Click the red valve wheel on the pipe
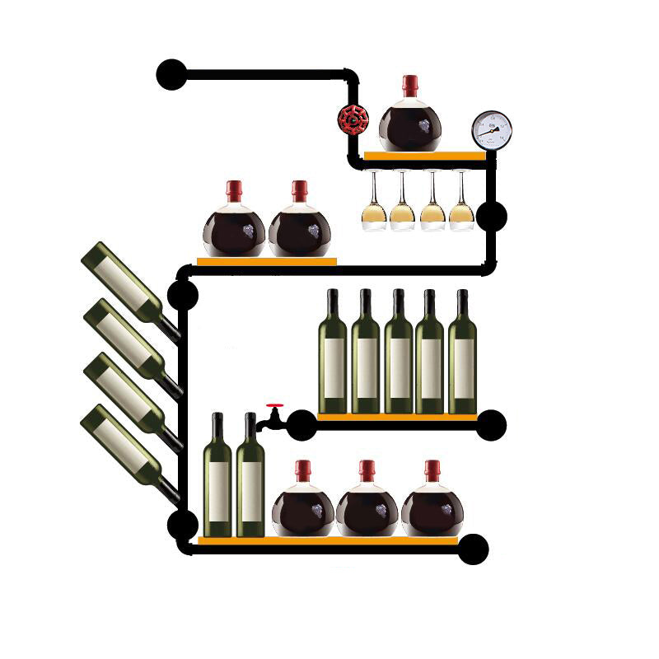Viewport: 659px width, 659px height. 353,119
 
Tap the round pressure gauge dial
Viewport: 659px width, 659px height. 492,130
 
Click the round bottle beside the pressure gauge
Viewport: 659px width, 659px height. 409,122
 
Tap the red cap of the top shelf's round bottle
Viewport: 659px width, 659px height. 409,85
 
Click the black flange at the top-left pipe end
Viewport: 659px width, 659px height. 171,74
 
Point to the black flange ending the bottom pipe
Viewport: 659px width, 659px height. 473,549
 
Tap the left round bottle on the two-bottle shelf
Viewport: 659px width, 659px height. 235,227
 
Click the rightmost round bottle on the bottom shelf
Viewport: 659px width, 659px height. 432,507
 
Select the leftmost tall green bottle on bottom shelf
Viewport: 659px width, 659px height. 217,478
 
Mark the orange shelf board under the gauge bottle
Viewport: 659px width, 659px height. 424,155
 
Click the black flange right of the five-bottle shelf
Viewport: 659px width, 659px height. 491,424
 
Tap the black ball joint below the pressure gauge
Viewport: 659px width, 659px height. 492,216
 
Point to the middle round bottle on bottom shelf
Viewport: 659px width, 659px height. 367,507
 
